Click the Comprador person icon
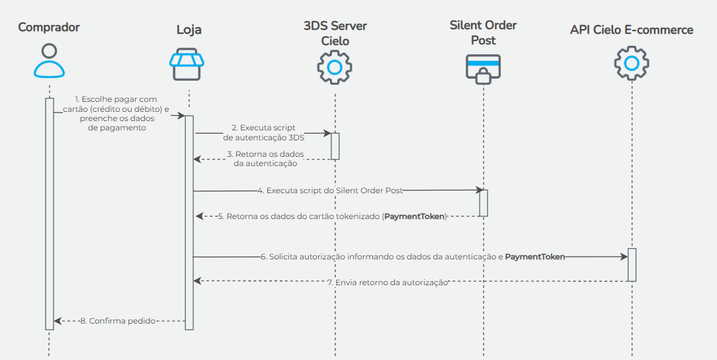pos(49,62)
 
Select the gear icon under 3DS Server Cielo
pos(335,67)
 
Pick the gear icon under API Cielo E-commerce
pos(631,63)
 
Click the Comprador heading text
pos(49,27)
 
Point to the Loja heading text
pos(189,30)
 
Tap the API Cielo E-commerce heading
pos(631,30)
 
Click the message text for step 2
pos(264,132)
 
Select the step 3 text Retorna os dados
pos(265,158)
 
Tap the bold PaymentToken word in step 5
pos(415,216)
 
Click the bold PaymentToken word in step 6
pos(534,256)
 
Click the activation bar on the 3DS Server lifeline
pos(335,146)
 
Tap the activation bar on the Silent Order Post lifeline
pos(484,203)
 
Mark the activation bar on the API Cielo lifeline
pos(632,265)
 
